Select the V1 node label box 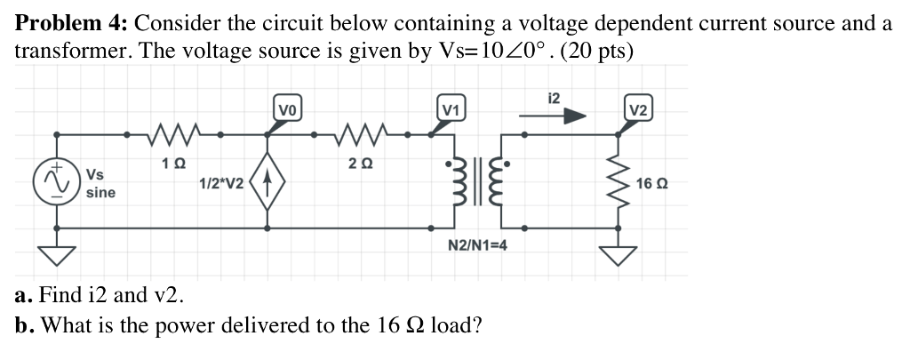click(451, 110)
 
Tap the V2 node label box click(638, 110)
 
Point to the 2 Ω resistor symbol click(360, 135)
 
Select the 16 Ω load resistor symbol click(620, 185)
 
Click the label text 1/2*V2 click(221, 183)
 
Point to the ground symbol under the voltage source click(59, 254)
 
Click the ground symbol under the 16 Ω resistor click(620, 254)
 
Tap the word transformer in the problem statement click(68, 51)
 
